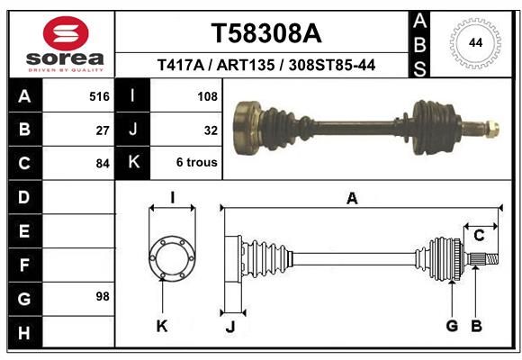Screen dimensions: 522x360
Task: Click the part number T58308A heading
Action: point(266,33)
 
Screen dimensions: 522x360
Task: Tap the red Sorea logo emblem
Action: point(66,33)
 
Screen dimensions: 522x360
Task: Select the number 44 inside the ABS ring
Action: point(475,42)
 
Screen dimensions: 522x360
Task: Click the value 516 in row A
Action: point(99,96)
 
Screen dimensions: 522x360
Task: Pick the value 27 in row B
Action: point(103,130)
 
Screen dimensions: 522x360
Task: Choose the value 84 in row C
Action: point(103,164)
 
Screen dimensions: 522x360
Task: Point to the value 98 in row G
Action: point(103,296)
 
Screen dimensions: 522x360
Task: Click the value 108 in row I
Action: point(207,96)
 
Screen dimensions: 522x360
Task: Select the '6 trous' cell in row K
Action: point(197,163)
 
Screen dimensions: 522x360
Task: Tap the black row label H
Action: point(24,332)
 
